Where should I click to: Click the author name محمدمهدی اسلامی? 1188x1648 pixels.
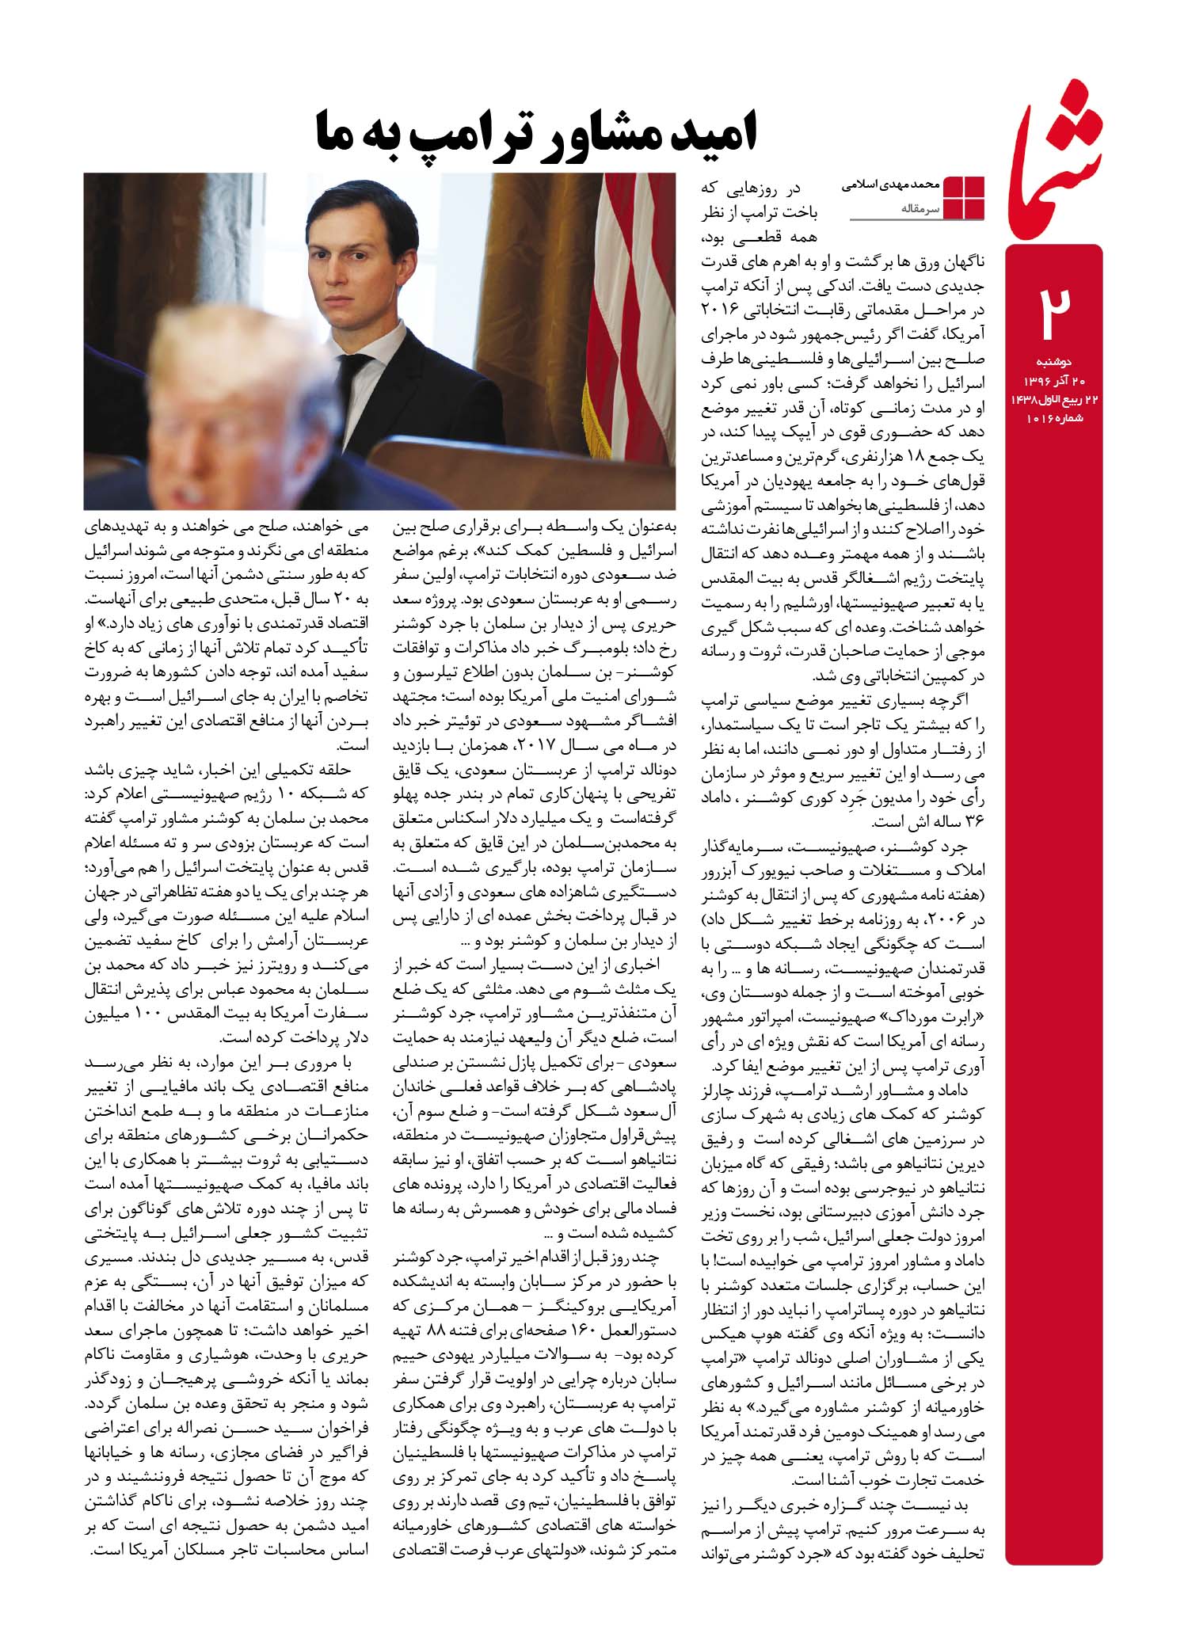click(x=889, y=185)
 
